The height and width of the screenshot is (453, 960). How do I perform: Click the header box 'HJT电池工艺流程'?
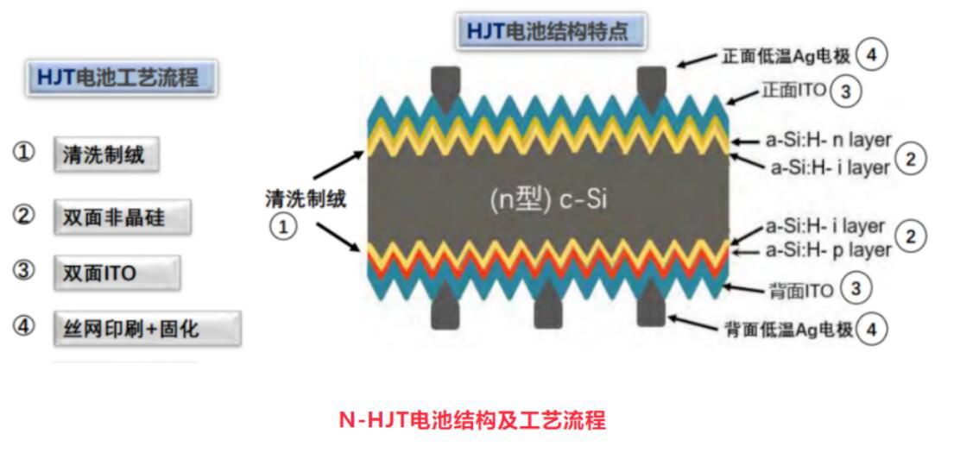tap(122, 79)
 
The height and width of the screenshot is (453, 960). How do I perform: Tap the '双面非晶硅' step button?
tap(122, 217)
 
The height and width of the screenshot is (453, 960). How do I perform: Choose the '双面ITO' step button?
tap(117, 273)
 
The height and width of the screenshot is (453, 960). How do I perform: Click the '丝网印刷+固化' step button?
tap(146, 329)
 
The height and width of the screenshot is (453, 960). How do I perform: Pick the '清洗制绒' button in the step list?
tap(106, 155)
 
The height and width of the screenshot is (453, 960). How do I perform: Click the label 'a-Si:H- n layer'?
tap(828, 140)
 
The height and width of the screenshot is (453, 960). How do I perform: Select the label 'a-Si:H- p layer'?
tap(828, 250)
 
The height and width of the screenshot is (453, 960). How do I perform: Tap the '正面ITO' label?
tap(793, 91)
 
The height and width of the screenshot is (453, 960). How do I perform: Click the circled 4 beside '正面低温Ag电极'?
tap(872, 54)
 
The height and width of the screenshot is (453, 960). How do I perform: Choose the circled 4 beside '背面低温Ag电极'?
tap(873, 329)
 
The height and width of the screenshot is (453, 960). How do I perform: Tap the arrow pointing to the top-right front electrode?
tap(695, 58)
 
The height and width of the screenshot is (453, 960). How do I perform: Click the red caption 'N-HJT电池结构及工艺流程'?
tap(471, 421)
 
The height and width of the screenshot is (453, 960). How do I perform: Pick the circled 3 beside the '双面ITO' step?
tap(24, 271)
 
